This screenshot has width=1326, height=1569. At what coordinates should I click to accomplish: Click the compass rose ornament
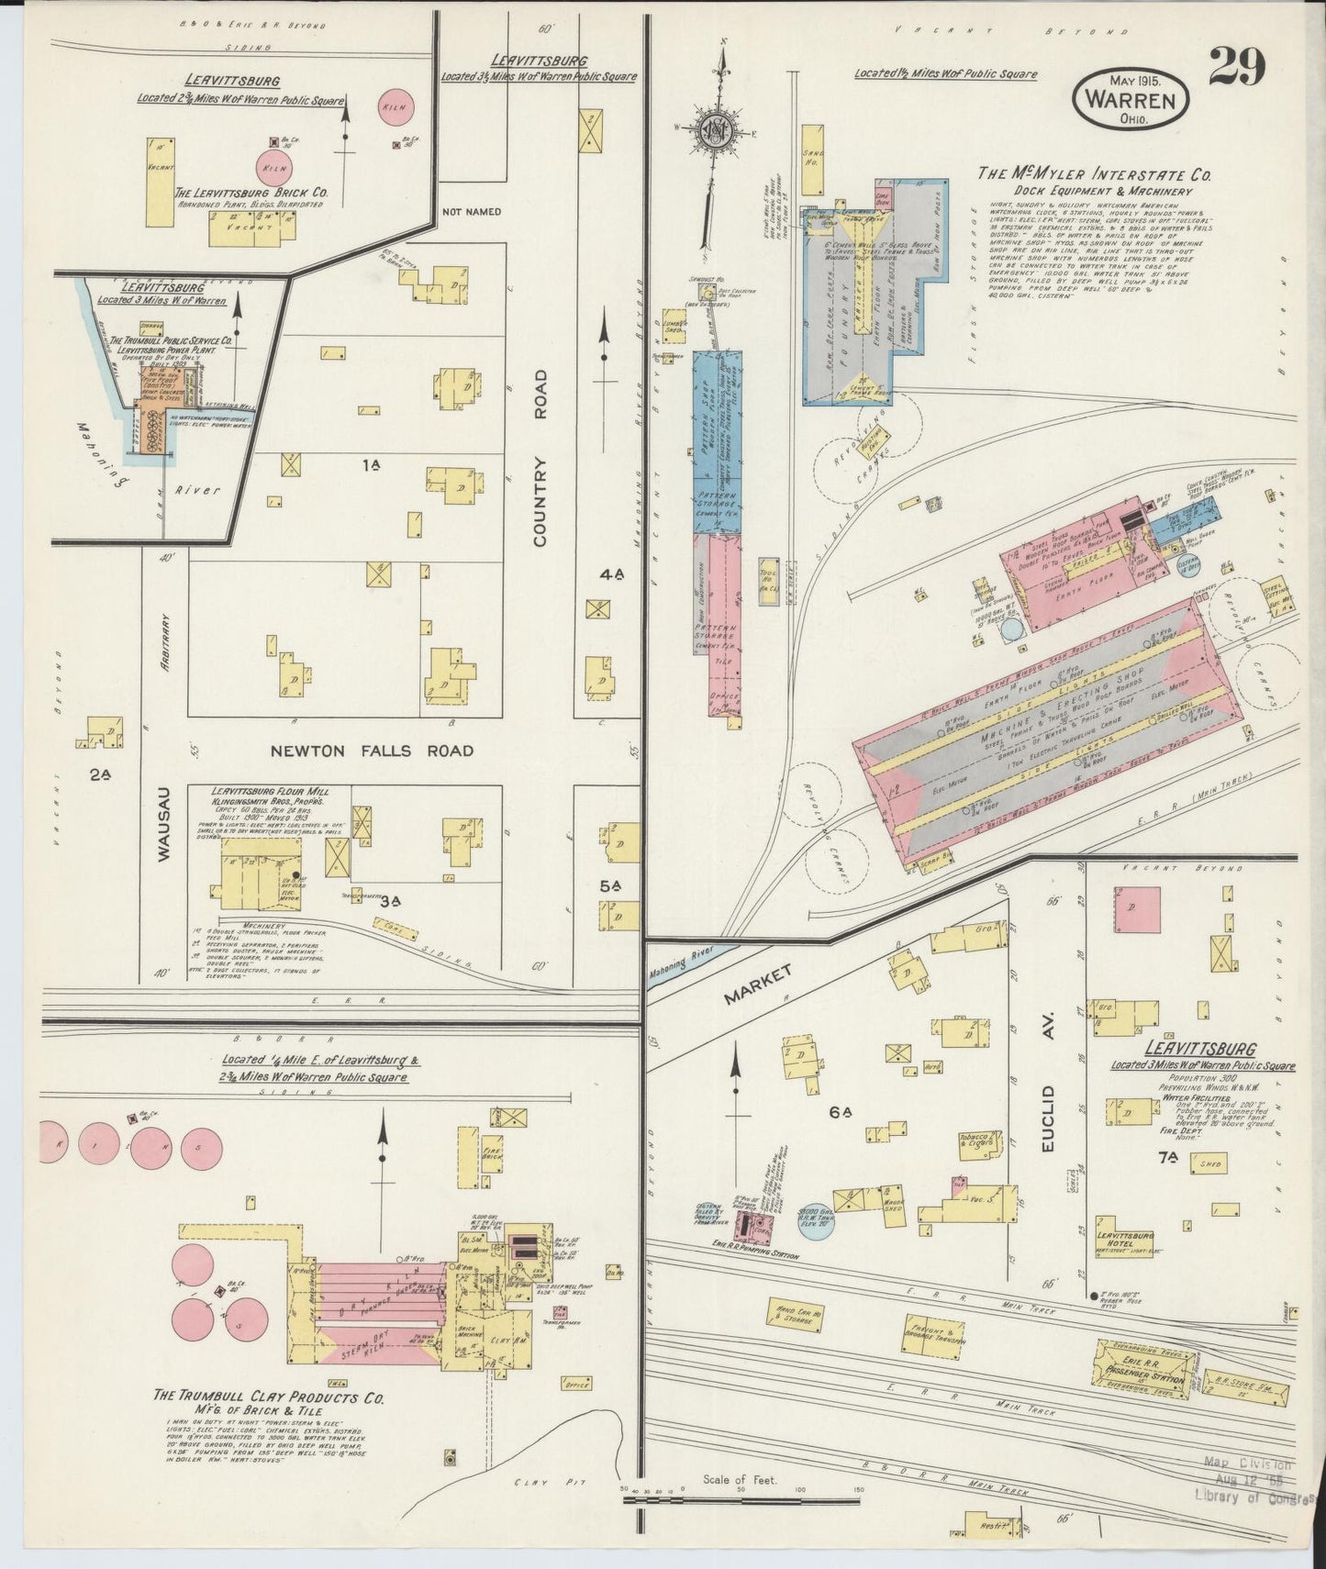pos(716,130)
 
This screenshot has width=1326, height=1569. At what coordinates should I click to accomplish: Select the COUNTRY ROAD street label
pos(540,458)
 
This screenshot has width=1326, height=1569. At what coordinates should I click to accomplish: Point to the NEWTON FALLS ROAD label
pos(372,751)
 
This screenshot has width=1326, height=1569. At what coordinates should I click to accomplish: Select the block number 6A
pos(841,1112)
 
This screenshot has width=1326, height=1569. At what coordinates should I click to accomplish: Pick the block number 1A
pos(371,466)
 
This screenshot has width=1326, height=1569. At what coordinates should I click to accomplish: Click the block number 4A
pos(612,574)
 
